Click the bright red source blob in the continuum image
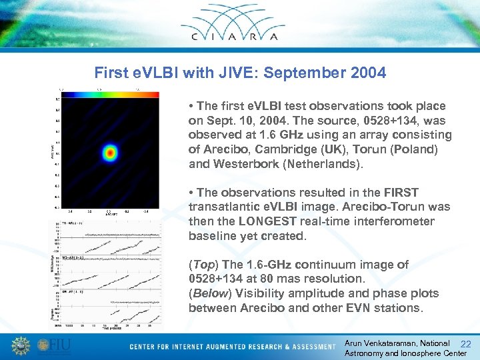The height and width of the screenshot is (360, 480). pyautogui.click(x=109, y=155)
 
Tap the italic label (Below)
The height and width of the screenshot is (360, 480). pyautogui.click(x=209, y=293)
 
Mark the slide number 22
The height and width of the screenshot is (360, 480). pyautogui.click(x=466, y=344)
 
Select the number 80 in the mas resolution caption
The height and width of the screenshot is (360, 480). pyautogui.click(x=284, y=279)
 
